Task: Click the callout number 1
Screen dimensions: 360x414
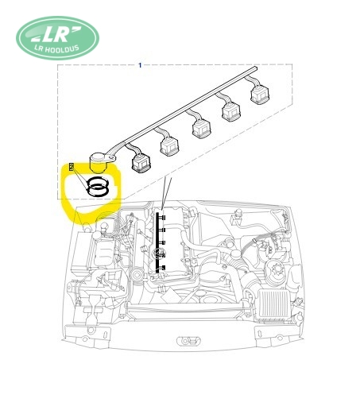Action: (x=140, y=65)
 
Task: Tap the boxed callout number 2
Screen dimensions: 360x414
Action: (x=72, y=167)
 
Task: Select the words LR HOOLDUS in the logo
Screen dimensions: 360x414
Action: (x=57, y=49)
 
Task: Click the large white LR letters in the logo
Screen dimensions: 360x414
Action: (x=55, y=34)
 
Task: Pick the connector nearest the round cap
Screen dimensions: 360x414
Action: (x=141, y=162)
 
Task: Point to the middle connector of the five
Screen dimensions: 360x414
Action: (x=201, y=129)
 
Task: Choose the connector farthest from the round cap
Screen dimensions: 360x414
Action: (x=260, y=94)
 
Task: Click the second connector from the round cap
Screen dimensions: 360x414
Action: (x=169, y=146)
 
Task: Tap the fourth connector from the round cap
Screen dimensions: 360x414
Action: (x=231, y=111)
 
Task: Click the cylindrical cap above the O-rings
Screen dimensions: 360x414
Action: (x=99, y=162)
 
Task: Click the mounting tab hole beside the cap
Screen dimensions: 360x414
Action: (x=110, y=158)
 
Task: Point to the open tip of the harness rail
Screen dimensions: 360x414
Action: (x=255, y=68)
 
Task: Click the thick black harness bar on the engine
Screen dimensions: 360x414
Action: (x=157, y=242)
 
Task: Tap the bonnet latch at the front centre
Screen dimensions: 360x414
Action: (x=188, y=341)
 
